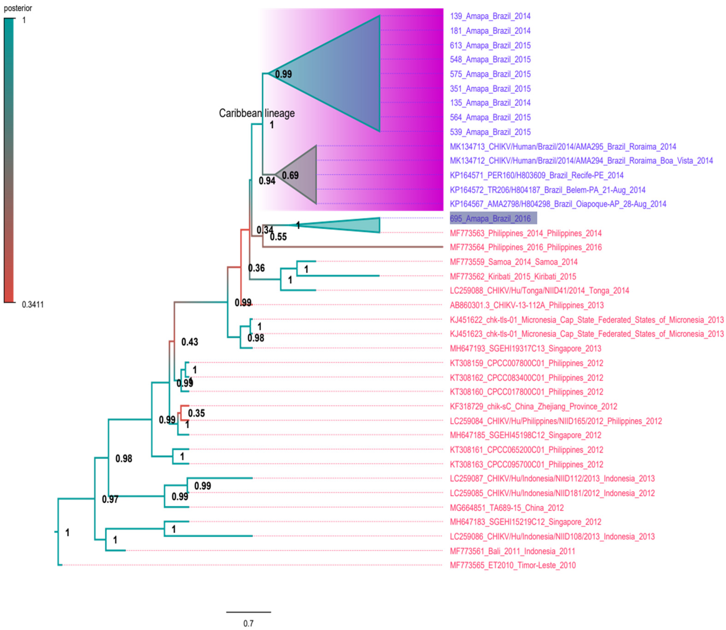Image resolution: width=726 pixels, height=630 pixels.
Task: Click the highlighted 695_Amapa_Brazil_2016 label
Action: [x=493, y=218]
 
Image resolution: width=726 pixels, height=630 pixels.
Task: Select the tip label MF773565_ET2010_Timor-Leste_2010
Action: [x=513, y=565]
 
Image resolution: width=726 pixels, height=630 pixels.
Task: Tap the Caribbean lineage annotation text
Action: [x=257, y=113]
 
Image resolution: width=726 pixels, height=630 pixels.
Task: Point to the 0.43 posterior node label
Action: [x=190, y=342]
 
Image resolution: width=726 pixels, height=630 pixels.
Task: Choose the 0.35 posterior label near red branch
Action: [x=196, y=413]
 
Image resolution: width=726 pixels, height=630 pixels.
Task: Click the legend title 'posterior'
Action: [x=18, y=8]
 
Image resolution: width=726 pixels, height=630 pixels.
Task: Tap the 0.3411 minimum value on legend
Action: [x=33, y=304]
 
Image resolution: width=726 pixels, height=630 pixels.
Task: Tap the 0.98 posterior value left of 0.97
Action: [x=124, y=458]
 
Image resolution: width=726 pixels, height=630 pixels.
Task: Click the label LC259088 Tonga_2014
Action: [x=539, y=290]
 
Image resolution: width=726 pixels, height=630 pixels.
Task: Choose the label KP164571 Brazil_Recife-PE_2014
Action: [x=536, y=175]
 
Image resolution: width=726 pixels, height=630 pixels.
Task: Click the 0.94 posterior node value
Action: [x=267, y=181]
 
